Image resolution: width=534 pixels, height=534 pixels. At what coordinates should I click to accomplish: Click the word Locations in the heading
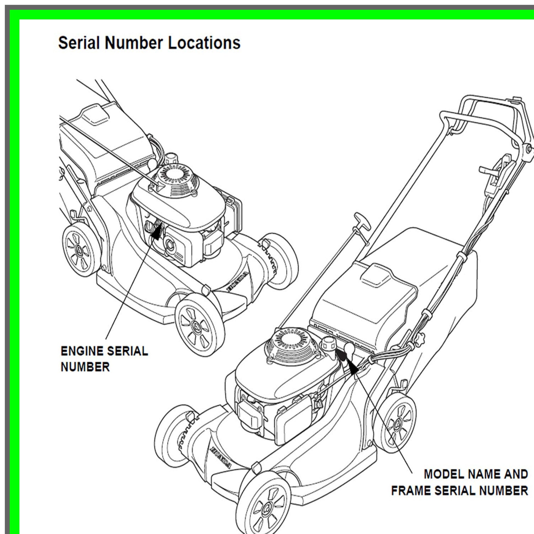pyautogui.click(x=204, y=43)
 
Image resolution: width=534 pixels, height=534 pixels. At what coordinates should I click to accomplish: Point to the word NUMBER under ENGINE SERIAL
pyautogui.click(x=85, y=367)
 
